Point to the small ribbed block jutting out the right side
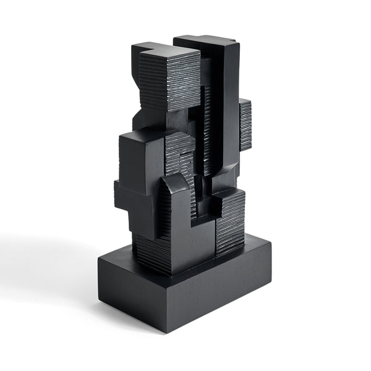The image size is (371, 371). (245, 124)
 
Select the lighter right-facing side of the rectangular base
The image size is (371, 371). (223, 291)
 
